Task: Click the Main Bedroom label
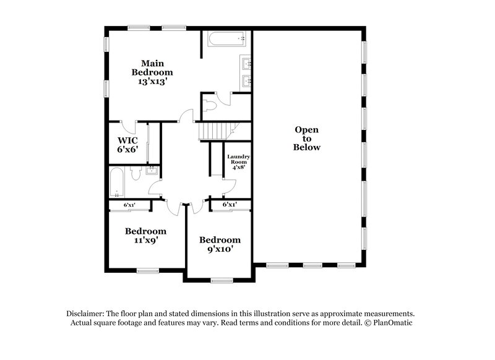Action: pyautogui.click(x=152, y=67)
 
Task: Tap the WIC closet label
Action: pyautogui.click(x=127, y=140)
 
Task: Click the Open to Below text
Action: pyautogui.click(x=307, y=139)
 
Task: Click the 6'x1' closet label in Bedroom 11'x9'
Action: pyautogui.click(x=129, y=205)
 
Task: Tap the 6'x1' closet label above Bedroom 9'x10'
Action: pyautogui.click(x=229, y=205)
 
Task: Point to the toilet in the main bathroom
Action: pyautogui.click(x=210, y=105)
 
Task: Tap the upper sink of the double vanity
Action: pyautogui.click(x=246, y=63)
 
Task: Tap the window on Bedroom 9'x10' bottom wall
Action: pyautogui.click(x=220, y=281)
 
